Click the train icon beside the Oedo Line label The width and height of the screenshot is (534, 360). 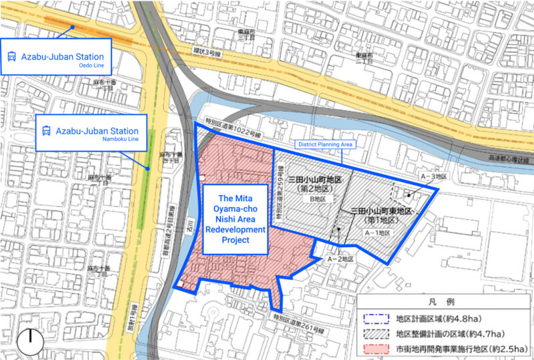point(12,57)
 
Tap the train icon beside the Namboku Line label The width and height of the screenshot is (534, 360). point(47,131)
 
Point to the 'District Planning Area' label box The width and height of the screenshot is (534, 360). point(324,144)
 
